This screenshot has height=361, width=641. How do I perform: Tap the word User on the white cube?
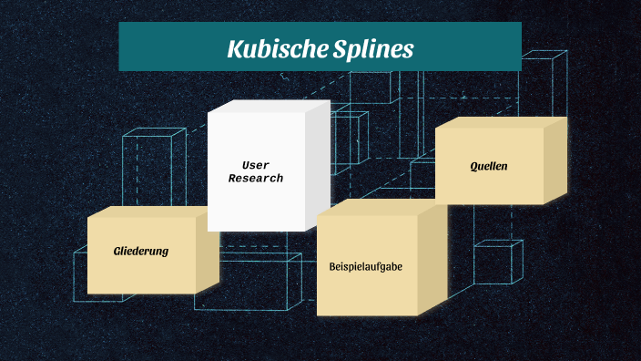[256, 165]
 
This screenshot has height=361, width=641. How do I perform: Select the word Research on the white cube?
[256, 179]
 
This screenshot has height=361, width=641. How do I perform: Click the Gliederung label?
[141, 251]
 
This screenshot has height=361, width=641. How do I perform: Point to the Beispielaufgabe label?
[366, 267]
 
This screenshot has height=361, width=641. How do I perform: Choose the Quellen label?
[489, 167]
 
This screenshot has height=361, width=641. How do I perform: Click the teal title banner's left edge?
[121, 46]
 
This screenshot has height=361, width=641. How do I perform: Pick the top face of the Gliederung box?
[152, 211]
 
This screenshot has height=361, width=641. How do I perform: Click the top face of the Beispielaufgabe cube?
[382, 207]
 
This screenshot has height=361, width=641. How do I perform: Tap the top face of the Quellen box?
[501, 122]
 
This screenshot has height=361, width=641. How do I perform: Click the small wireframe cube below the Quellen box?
[497, 263]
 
